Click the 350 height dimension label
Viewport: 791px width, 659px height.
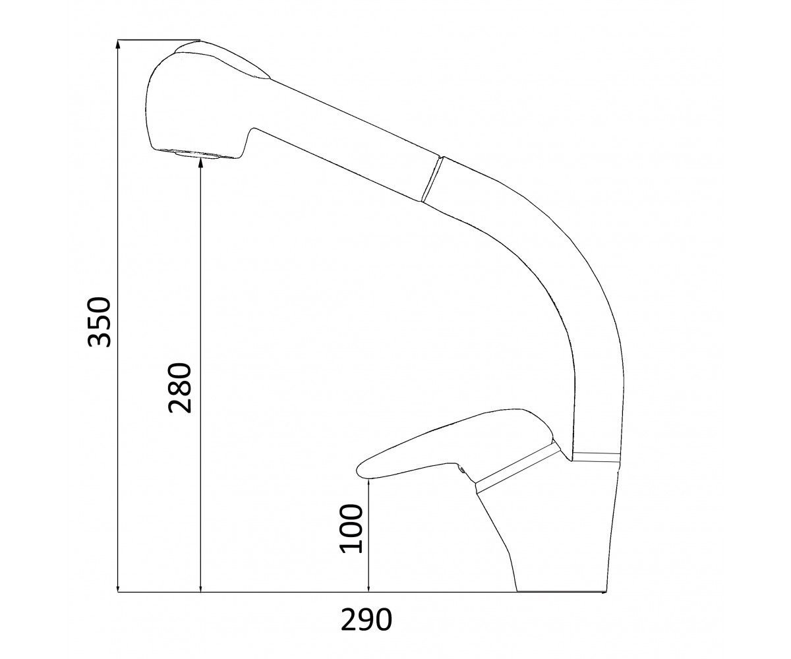tap(100, 322)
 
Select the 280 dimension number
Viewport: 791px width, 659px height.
tap(180, 387)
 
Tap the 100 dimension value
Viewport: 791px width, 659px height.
tap(351, 529)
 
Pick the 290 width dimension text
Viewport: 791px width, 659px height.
tap(366, 619)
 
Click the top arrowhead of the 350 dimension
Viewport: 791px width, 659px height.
tap(118, 45)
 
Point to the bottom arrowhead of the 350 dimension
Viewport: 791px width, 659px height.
tap(118, 596)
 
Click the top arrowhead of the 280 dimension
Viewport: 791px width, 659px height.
tap(200, 163)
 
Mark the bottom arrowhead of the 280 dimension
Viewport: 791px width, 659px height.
tap(200, 596)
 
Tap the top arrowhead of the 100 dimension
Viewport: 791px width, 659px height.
tap(368, 485)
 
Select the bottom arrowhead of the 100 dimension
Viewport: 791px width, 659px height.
tap(368, 596)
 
